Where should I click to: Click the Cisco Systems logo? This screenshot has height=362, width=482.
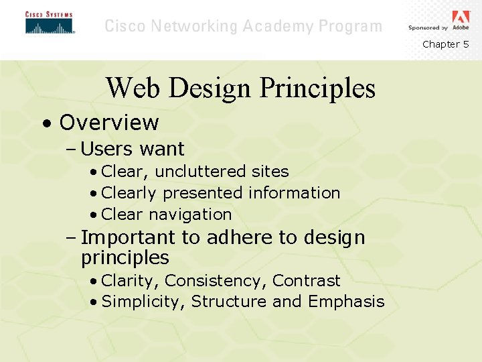click(x=50, y=23)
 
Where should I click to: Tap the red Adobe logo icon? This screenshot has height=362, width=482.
click(x=461, y=17)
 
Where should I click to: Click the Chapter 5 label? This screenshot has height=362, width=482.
click(x=445, y=44)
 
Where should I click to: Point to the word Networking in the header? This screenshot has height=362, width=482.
click(x=195, y=27)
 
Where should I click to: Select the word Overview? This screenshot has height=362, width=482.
click(x=108, y=123)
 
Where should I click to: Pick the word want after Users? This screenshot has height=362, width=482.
click(x=161, y=149)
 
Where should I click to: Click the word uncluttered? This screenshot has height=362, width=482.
click(x=201, y=172)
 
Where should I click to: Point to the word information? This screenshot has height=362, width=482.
click(x=294, y=193)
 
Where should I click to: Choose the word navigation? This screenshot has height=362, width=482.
click(x=190, y=215)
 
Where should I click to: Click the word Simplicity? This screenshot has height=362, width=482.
click(x=143, y=302)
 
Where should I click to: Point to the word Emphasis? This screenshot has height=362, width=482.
click(x=346, y=302)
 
